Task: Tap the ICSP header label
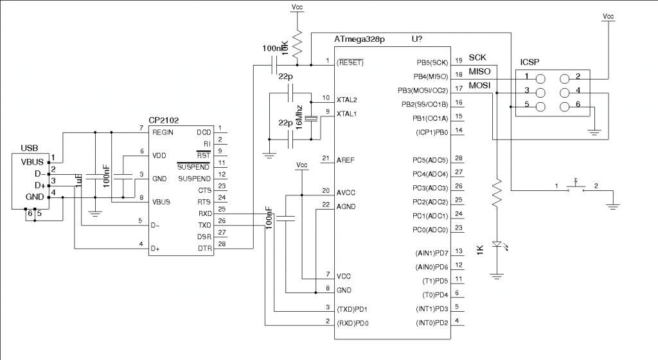529,62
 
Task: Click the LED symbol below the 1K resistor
497,244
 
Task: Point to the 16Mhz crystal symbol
312,118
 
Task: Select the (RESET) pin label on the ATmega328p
351,62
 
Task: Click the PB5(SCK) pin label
431,62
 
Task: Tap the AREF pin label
345,159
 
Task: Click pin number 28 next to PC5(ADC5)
458,158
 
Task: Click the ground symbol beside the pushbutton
614,206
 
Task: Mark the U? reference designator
416,39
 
